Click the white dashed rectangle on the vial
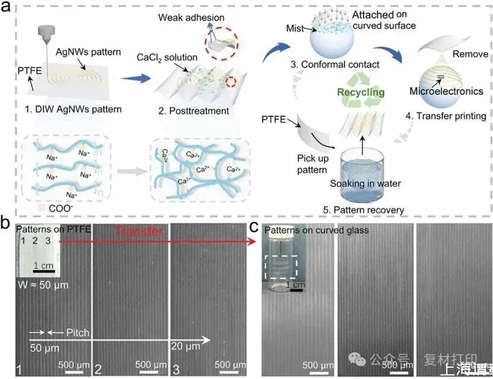point(285,267)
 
